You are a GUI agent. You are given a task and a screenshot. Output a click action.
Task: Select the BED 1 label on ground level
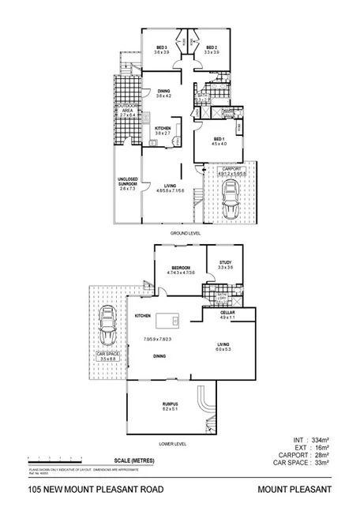tap(219, 140)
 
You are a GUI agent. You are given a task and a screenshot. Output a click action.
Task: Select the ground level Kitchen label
tap(163, 130)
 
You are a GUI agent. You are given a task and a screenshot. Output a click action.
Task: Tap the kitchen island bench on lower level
tap(168, 321)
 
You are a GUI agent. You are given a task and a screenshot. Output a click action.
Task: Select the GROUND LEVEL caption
tap(186, 235)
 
